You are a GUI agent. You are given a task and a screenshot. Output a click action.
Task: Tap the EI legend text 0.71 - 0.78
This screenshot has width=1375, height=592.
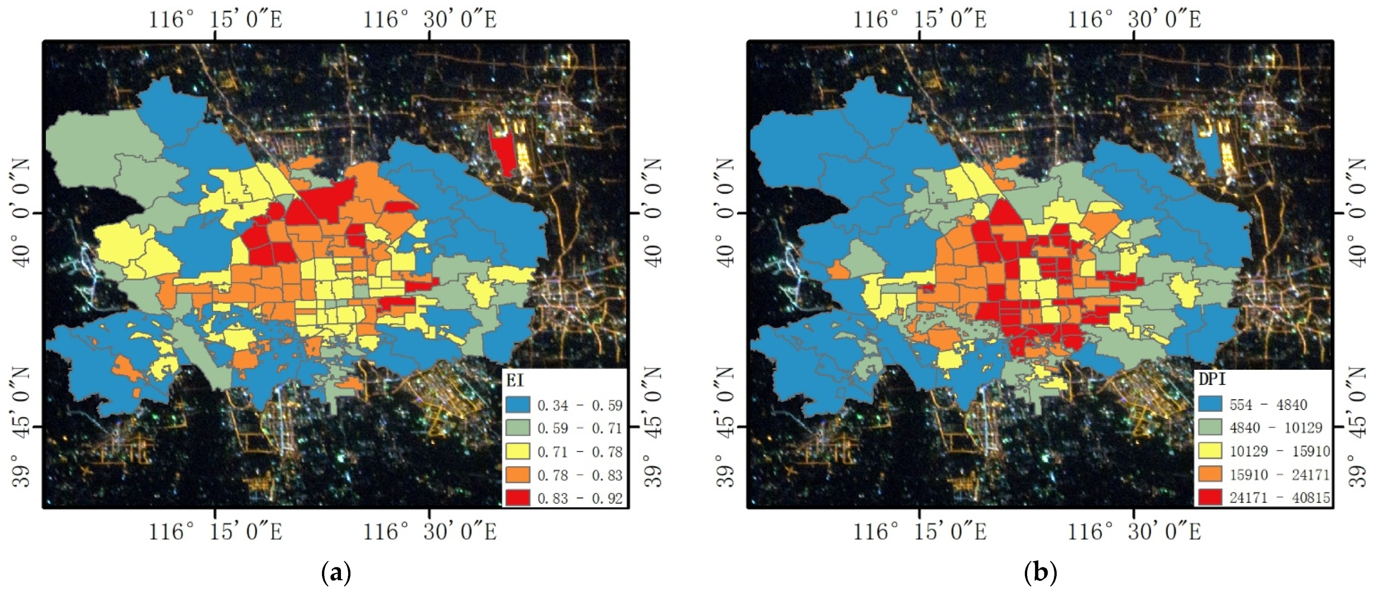pos(580,452)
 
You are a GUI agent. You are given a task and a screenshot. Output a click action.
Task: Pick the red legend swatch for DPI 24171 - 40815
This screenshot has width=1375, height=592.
pos(1210,497)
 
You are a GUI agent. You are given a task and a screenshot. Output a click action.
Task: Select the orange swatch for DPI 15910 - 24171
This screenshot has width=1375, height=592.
pos(1210,474)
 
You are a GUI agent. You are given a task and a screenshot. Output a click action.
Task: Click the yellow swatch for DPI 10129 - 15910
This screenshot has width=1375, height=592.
pos(1210,451)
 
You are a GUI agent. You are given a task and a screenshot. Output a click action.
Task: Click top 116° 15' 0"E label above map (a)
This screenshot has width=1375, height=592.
pos(215,19)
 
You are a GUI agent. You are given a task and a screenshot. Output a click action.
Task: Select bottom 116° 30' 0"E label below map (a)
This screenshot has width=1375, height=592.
pos(430,531)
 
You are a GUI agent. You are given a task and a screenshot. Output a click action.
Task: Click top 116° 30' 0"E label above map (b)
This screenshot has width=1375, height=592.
pos(1134,19)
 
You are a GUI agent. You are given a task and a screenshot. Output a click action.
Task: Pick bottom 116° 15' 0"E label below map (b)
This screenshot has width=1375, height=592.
pos(920,531)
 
